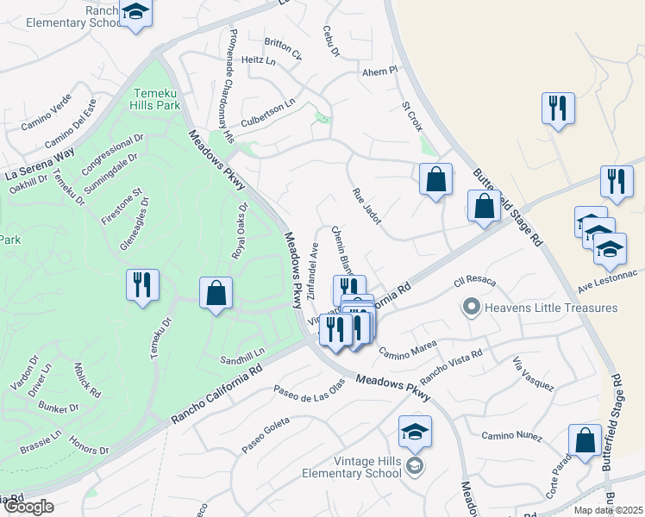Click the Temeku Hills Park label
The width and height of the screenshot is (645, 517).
156,99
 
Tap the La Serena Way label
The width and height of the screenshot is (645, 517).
40,164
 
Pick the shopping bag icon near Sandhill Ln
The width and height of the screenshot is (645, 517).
216,293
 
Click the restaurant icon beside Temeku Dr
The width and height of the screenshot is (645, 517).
142,285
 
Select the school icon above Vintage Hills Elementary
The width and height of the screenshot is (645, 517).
415,431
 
